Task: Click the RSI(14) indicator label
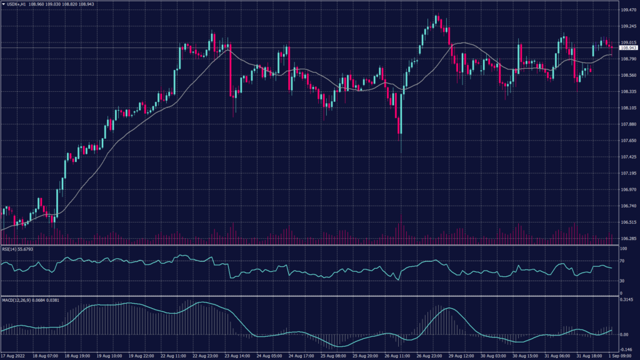click(x=9, y=249)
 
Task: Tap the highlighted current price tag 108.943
click(x=628, y=47)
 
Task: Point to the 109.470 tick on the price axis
click(x=627, y=10)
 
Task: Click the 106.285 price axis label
click(x=627, y=238)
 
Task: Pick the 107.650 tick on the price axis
click(x=627, y=141)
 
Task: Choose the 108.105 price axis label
click(x=627, y=108)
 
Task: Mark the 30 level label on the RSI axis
click(x=622, y=281)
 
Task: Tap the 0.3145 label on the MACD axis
click(x=627, y=299)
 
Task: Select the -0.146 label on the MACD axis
click(x=627, y=349)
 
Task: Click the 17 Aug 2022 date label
click(x=14, y=356)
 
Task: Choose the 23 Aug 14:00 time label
click(x=239, y=356)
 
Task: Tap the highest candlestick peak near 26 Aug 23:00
click(x=437, y=15)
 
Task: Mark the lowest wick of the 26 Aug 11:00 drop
click(x=401, y=152)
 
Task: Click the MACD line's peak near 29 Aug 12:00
click(x=449, y=308)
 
